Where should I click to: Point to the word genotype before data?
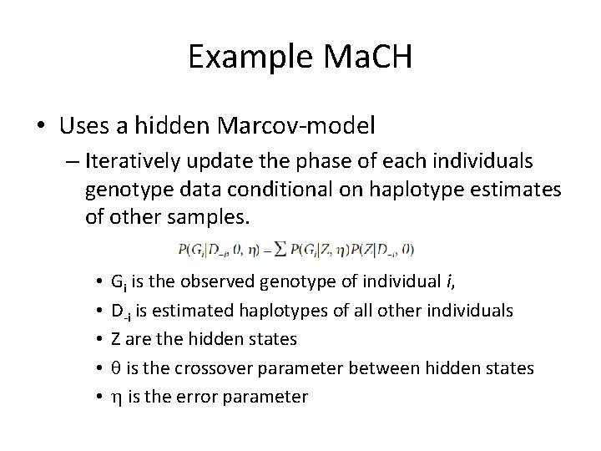(126, 190)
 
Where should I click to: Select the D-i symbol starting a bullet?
(120, 311)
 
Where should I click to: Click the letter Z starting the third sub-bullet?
(115, 339)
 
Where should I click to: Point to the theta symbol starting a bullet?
(115, 367)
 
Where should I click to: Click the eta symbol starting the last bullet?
(115, 397)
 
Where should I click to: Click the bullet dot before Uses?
(42, 126)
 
